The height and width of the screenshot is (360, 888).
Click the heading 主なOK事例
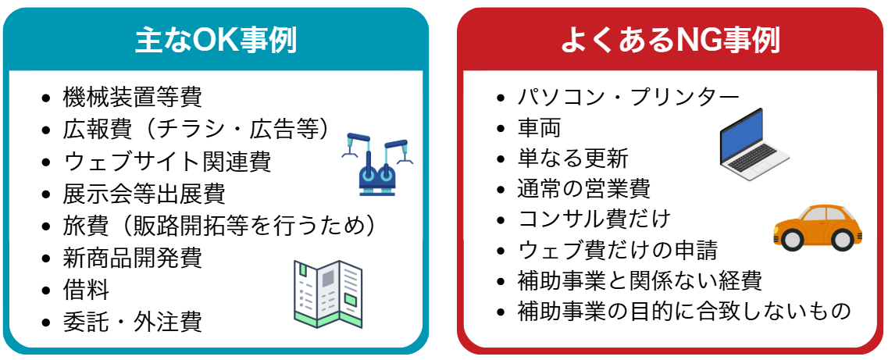[x=216, y=39]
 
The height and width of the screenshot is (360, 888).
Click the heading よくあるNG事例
[x=670, y=39]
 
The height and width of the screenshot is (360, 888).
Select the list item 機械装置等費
[x=132, y=97]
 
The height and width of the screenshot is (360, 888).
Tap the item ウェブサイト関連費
[x=166, y=162]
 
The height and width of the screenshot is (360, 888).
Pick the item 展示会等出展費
[x=144, y=194]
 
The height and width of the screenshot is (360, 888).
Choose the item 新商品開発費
[x=132, y=257]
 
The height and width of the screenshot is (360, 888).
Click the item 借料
[x=86, y=290]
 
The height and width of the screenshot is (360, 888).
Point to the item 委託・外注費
[x=132, y=321]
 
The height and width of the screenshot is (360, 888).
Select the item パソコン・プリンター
[x=628, y=97]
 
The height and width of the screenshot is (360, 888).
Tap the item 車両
[x=539, y=127]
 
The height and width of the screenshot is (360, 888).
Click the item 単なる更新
[x=572, y=158]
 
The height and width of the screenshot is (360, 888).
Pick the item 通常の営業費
[x=583, y=188]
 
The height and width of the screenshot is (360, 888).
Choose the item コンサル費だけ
[x=594, y=219]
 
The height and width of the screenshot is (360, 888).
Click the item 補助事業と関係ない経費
[x=640, y=280]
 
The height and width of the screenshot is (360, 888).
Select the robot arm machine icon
[x=376, y=162]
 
